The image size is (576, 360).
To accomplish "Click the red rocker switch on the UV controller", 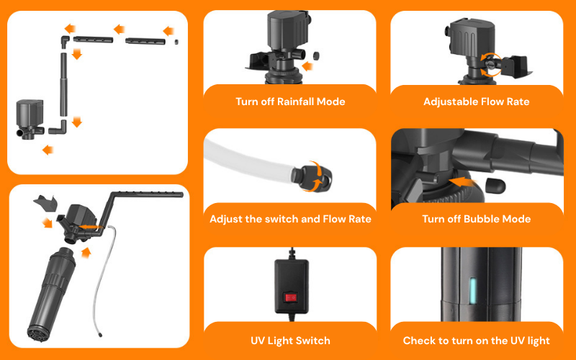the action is pyautogui.click(x=290, y=297).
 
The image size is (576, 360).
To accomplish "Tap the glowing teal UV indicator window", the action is pyautogui.click(x=473, y=291).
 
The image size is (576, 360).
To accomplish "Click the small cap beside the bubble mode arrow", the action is pyautogui.click(x=495, y=186).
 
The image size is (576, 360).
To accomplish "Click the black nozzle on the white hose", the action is pyautogui.click(x=312, y=176).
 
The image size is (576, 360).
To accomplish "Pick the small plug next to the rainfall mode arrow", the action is pyautogui.click(x=315, y=56).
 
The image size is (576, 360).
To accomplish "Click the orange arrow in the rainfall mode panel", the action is pyautogui.click(x=307, y=66).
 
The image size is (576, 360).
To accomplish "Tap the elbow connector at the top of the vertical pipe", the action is pyautogui.click(x=65, y=41).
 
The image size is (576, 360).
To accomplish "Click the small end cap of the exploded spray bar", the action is pyautogui.click(x=176, y=42).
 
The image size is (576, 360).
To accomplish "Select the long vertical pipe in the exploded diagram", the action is pyautogui.click(x=64, y=84).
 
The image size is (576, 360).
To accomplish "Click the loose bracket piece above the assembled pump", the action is pyautogui.click(x=46, y=202).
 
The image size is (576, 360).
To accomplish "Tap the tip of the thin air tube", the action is pyautogui.click(x=100, y=335).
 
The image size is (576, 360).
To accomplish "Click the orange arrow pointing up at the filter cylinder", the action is pyautogui.click(x=86, y=253).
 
